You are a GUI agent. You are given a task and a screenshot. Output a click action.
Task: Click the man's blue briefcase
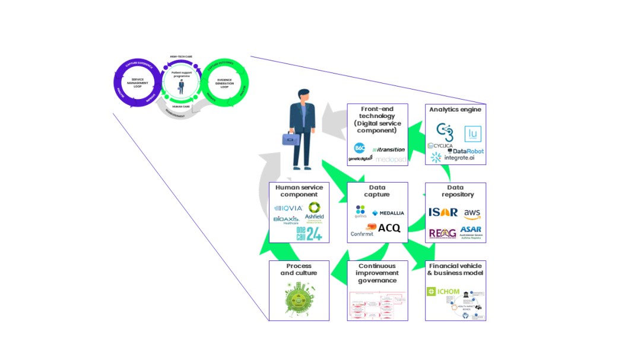point(290,139)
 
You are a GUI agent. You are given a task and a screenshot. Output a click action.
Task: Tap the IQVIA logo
point(288,208)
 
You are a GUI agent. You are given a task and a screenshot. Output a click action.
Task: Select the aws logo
point(472,212)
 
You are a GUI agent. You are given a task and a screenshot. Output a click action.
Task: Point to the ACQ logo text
point(389,228)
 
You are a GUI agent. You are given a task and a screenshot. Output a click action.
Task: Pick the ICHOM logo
point(443,291)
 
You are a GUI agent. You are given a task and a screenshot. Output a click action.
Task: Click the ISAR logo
point(443,212)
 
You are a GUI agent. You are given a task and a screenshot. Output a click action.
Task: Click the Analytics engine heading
point(455,109)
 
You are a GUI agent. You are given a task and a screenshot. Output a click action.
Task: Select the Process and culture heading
point(299,269)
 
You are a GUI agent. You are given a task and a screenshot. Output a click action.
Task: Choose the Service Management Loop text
point(137,83)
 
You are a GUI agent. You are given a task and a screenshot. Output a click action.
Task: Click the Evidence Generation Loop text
point(224,84)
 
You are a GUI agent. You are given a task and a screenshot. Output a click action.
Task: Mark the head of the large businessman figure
point(303,95)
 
